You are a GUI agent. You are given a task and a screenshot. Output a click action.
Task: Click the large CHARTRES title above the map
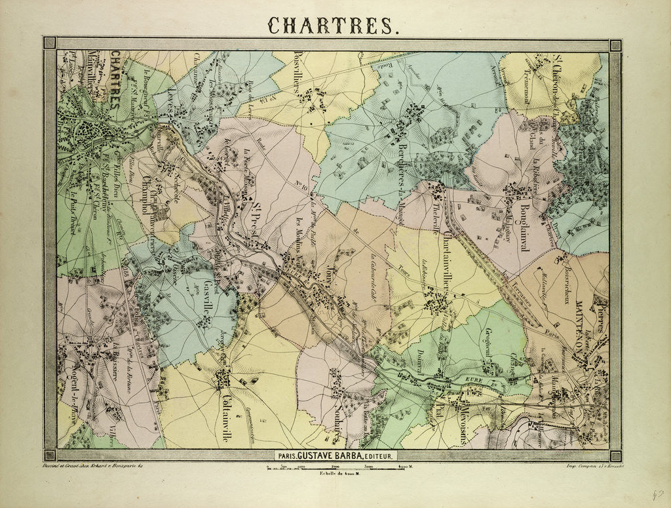[x=332, y=25]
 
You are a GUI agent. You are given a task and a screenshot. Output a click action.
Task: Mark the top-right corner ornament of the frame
[x=615, y=45]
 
